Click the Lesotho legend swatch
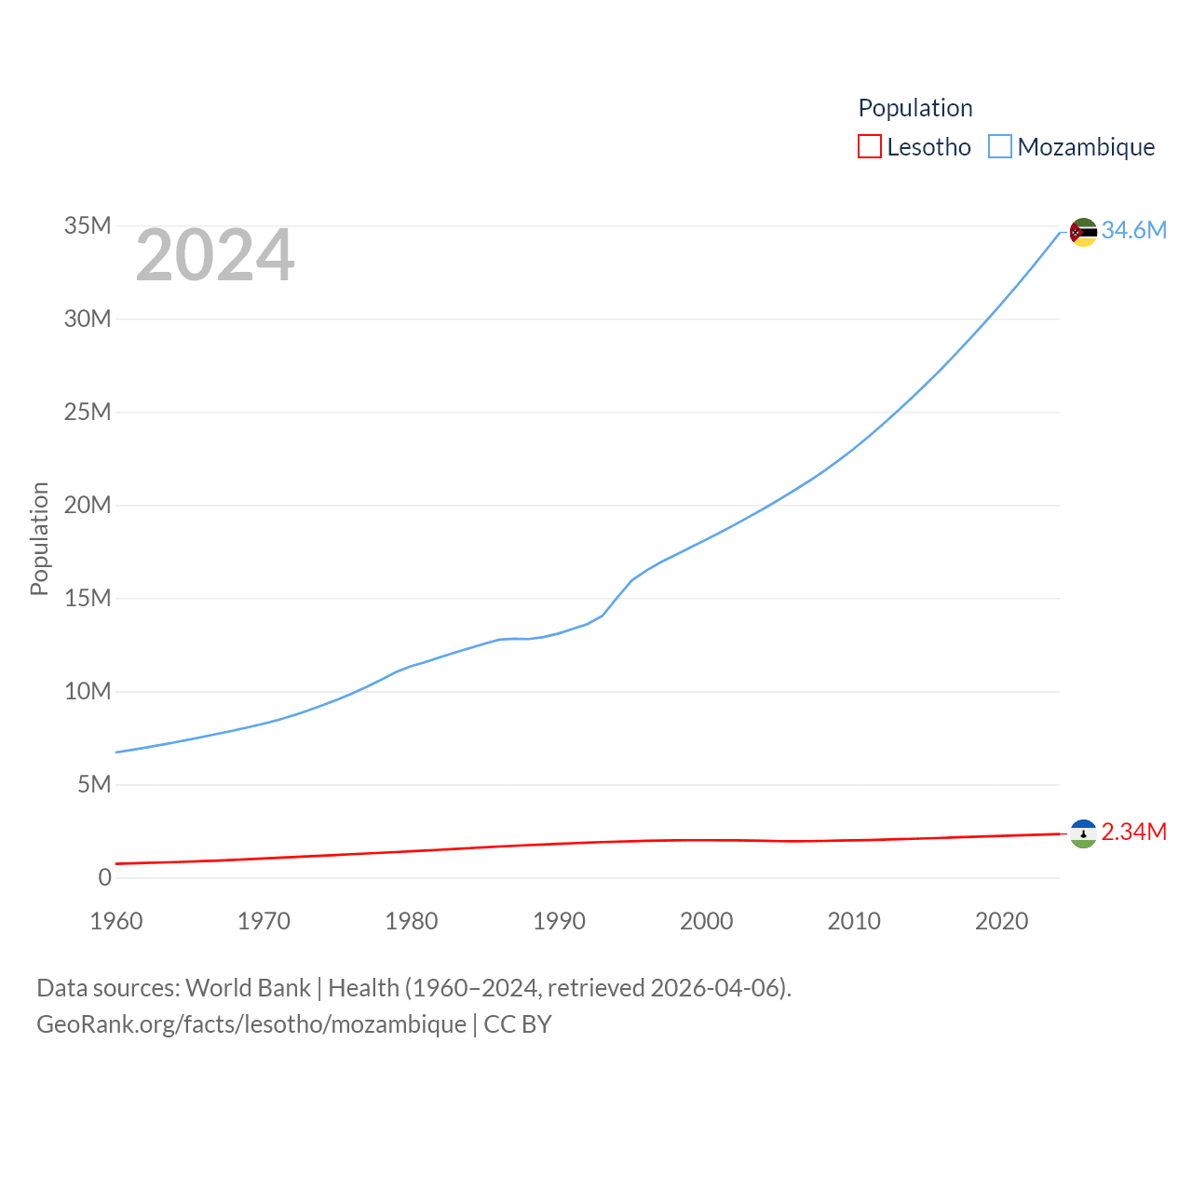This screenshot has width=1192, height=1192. [x=869, y=147]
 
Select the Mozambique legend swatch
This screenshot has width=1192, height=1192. [x=999, y=147]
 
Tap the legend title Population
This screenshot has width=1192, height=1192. [x=914, y=108]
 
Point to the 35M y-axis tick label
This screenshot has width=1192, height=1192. [x=88, y=225]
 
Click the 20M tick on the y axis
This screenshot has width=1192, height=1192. [x=88, y=505]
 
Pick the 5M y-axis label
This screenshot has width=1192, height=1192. [x=94, y=784]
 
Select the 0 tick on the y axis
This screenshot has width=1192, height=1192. [x=105, y=877]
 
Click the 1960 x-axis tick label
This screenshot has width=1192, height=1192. [x=116, y=921]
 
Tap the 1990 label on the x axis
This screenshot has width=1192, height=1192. [x=559, y=921]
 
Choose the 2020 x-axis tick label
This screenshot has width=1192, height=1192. [x=1001, y=921]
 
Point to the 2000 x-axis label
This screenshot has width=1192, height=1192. [x=706, y=921]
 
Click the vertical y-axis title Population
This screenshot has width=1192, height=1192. [x=39, y=538]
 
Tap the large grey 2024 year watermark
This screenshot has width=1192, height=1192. [x=215, y=255]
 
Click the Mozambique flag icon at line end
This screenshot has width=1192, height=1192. [x=1083, y=232]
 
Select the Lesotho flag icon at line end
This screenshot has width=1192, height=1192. [x=1083, y=833]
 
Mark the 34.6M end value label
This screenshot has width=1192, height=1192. [x=1133, y=230]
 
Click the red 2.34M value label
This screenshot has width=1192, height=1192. [x=1133, y=832]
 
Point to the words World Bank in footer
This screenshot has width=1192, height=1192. [x=248, y=987]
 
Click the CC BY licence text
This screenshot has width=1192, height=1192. [x=518, y=1024]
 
